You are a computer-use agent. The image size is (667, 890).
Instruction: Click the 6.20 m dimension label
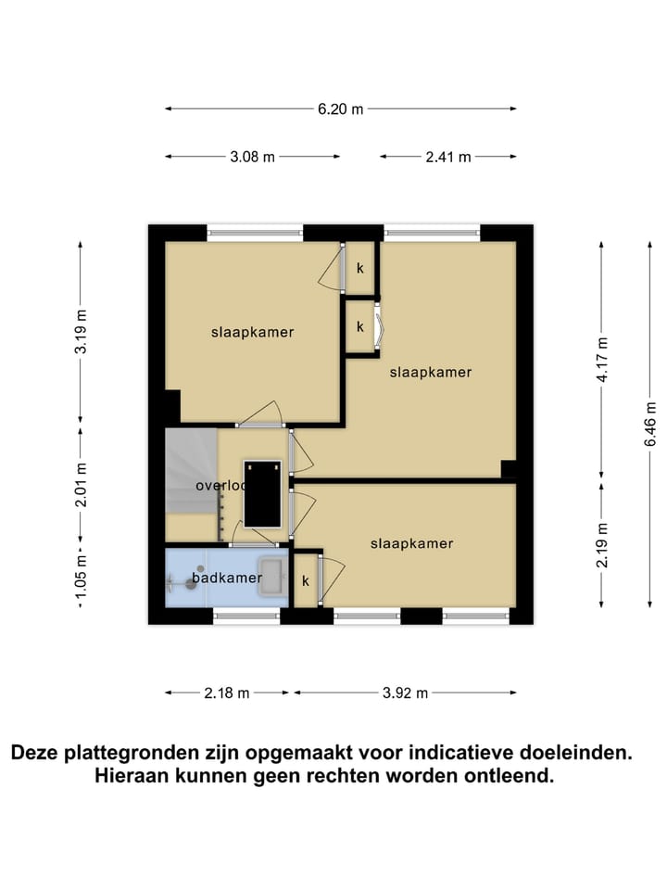pos(341,109)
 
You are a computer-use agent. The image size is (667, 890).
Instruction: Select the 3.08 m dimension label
pos(252,157)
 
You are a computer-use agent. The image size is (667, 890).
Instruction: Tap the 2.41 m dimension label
pos(448,157)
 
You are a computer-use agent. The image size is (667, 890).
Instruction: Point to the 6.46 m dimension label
pos(651,424)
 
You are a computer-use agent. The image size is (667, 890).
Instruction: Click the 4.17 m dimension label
pos(602,362)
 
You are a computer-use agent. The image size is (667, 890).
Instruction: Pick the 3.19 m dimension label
pos(81,331)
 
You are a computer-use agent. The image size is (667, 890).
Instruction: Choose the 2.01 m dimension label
pos(81,485)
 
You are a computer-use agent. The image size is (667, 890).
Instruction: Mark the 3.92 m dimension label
pos(404,693)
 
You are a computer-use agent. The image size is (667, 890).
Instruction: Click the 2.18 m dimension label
pos(227,693)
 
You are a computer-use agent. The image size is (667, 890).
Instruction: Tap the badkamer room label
pos(227,578)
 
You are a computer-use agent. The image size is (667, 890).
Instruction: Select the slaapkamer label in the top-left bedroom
pos(252,332)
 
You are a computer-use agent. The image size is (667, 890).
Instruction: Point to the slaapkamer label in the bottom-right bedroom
pos(411,543)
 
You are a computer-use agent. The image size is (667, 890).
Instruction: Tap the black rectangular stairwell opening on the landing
pos(261,492)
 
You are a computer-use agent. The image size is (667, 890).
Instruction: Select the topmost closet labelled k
pos(360,268)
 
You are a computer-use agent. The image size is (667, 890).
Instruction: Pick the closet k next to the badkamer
pos(305,581)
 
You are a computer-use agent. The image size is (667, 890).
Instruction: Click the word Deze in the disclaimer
pos(34,753)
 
